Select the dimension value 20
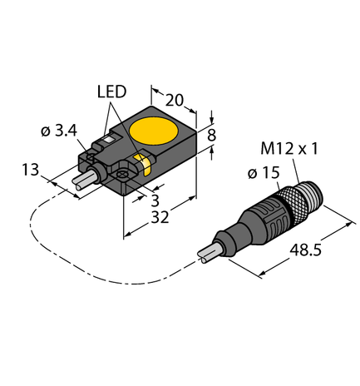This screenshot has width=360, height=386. point(175,100)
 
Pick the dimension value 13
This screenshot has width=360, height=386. point(30,170)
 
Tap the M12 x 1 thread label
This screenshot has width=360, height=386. point(301,151)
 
